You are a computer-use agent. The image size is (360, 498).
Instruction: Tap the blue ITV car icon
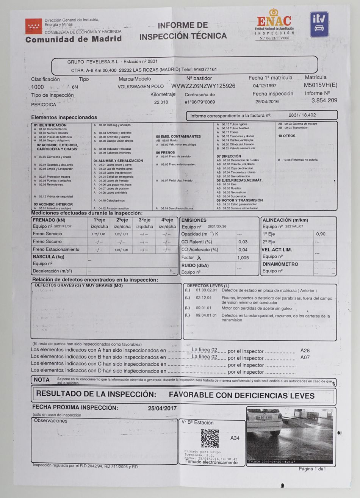319,25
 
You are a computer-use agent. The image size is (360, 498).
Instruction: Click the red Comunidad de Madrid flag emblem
34,26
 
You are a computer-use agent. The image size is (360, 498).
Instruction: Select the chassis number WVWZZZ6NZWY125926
203,86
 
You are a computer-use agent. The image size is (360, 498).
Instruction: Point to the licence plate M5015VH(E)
320,85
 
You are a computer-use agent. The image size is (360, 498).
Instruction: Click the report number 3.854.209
324,100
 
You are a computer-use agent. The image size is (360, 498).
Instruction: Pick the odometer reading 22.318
161,102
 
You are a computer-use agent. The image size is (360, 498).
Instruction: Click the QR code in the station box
210,438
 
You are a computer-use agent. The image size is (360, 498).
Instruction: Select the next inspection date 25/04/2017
162,408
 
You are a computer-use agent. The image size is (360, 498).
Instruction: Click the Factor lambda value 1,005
243,258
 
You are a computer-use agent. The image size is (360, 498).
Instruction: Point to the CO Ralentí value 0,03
243,242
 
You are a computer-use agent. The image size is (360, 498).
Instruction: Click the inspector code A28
305,351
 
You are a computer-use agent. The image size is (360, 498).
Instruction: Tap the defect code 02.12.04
203,298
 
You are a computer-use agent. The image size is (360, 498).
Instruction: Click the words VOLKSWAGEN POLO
141,87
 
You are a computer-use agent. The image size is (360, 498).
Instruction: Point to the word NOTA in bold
42,380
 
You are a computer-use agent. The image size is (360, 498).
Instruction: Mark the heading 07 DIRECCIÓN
229,156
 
